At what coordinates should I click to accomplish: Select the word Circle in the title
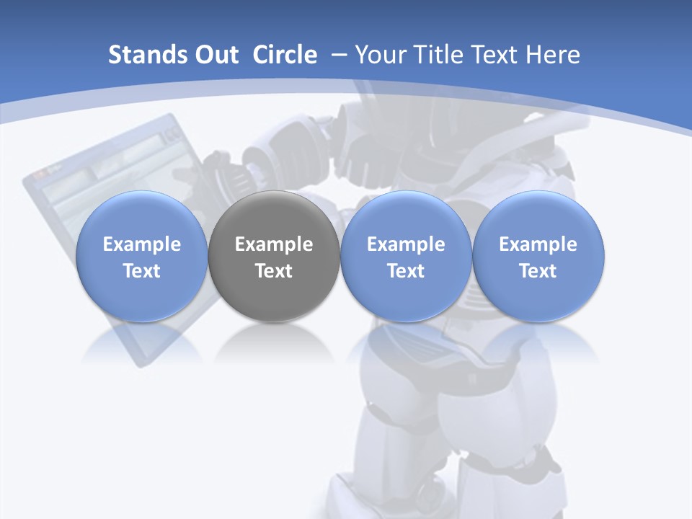point(285,55)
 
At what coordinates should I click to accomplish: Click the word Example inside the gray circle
point(273,244)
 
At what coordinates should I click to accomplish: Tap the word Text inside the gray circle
point(273,271)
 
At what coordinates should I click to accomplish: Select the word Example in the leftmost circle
point(141,244)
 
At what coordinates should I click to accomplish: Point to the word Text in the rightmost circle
point(538,271)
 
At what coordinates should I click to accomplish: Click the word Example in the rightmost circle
point(538,244)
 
